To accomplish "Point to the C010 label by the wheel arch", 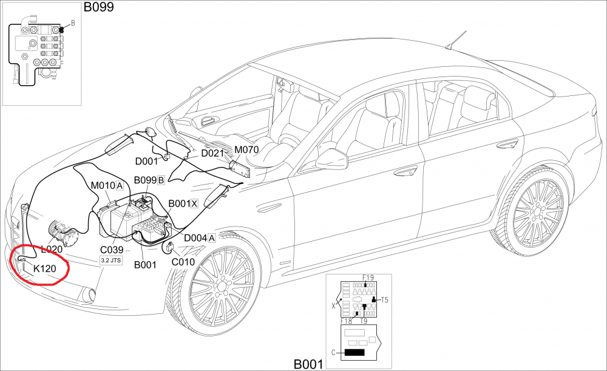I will click(x=183, y=262).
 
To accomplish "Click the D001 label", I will click(x=146, y=161).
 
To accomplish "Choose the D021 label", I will click(x=213, y=153).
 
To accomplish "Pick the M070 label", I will click(x=246, y=150).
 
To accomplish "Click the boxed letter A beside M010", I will click(x=120, y=185).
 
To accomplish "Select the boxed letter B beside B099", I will click(x=161, y=180).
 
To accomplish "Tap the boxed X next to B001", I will click(x=194, y=203).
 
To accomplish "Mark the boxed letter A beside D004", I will click(x=212, y=237).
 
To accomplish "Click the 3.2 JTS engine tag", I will click(x=111, y=261).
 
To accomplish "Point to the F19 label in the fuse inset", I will click(x=368, y=278).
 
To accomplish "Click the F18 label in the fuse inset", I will click(x=346, y=321).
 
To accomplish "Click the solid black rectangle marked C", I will click(x=354, y=352).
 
